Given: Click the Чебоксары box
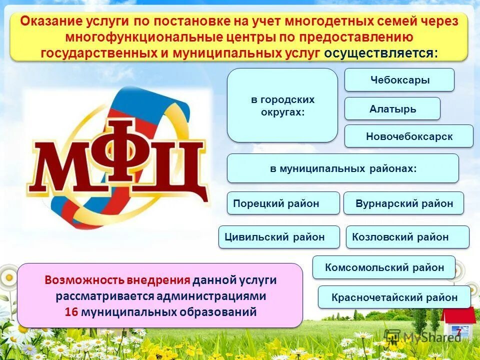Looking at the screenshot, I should pos(399,80).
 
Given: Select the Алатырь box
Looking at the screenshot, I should pos(392,108).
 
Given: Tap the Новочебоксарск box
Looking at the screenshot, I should pos(408,136).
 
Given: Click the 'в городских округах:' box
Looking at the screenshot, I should pos(282,105).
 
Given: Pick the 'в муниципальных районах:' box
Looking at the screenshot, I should pos(342,168).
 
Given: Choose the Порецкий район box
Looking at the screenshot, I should pos(283,203).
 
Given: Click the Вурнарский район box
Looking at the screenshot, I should pos(403,203).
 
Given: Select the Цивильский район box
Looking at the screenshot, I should pos(279,237).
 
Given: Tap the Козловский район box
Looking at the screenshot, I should pos(407,237).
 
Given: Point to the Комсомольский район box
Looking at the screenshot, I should pos(384,267).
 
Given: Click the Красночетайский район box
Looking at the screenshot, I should pos(394,297).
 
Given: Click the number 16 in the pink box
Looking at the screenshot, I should pos(71,312).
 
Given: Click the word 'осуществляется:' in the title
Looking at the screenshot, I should pos(380,53).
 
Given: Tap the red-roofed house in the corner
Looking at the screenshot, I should pos(457,323).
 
